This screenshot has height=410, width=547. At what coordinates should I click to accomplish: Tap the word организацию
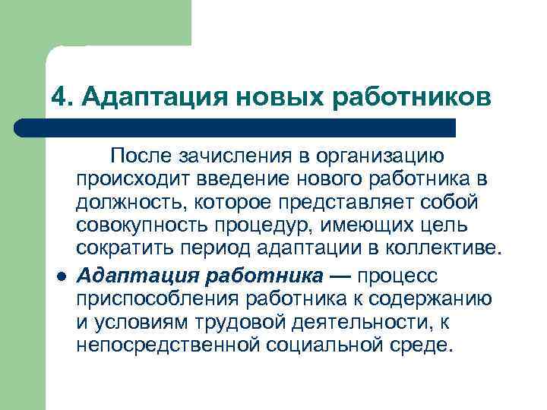click(381, 156)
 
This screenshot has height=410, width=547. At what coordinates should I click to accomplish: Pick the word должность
click(131, 203)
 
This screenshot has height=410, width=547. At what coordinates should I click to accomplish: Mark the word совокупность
click(141, 227)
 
